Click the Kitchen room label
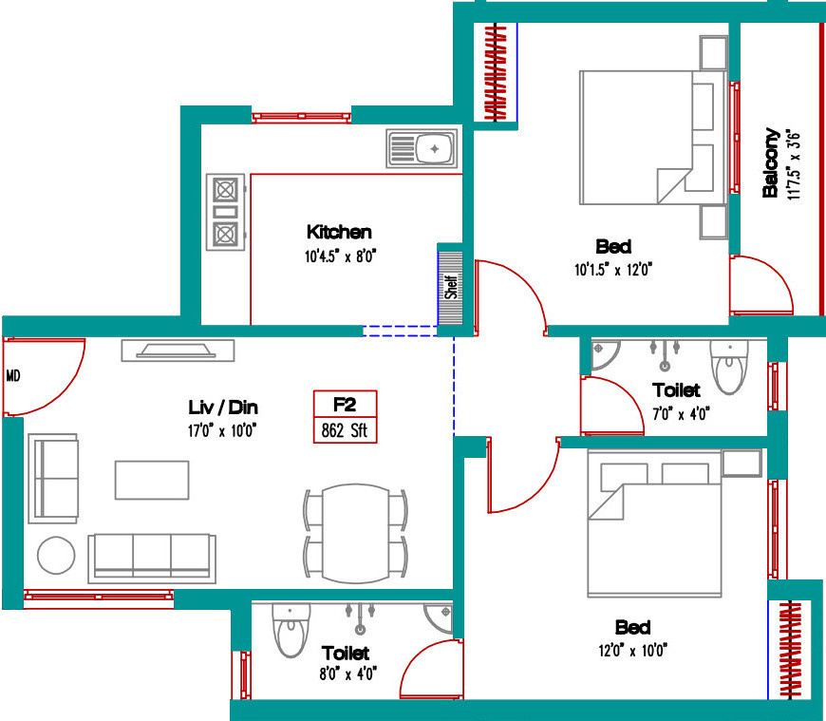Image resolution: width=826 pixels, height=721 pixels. point(339,232)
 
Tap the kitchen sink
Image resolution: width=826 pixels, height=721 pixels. point(422,148)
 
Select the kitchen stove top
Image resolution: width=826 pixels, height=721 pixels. point(225,212)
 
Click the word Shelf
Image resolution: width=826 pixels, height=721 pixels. point(451,287)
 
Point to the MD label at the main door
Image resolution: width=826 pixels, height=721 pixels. point(13,376)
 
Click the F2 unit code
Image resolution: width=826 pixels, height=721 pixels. point(345,405)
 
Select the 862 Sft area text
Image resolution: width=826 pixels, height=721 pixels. point(345,430)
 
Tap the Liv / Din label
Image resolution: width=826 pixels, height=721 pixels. point(223,407)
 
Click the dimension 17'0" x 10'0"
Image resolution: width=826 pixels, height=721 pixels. point(222,431)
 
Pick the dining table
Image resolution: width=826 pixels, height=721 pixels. point(356,533)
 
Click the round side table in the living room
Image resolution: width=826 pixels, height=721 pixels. point(56,555)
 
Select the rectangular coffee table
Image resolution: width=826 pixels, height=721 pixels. point(152,480)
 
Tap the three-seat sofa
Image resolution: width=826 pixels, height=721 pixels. point(152,559)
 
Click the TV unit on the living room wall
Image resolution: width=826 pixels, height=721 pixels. point(178,351)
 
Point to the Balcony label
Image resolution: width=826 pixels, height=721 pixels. point(771,162)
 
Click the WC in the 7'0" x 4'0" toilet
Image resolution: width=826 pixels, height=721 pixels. point(729,367)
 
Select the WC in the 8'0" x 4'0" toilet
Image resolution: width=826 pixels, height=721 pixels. point(291,631)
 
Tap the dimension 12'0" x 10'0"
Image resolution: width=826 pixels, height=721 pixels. point(632,651)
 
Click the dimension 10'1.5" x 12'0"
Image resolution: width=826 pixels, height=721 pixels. point(613,270)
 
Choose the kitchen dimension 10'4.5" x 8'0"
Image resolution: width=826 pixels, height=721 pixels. point(340,256)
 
